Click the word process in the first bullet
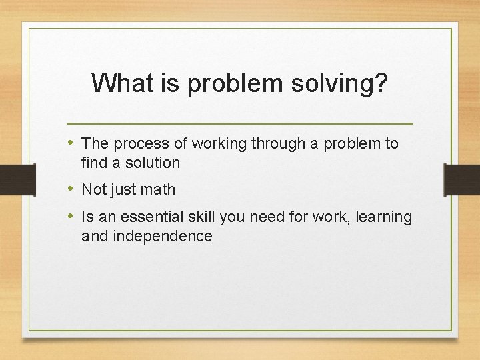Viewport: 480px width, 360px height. click(139, 144)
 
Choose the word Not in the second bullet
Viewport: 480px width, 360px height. click(93, 190)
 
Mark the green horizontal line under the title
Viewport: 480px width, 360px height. click(240, 124)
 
